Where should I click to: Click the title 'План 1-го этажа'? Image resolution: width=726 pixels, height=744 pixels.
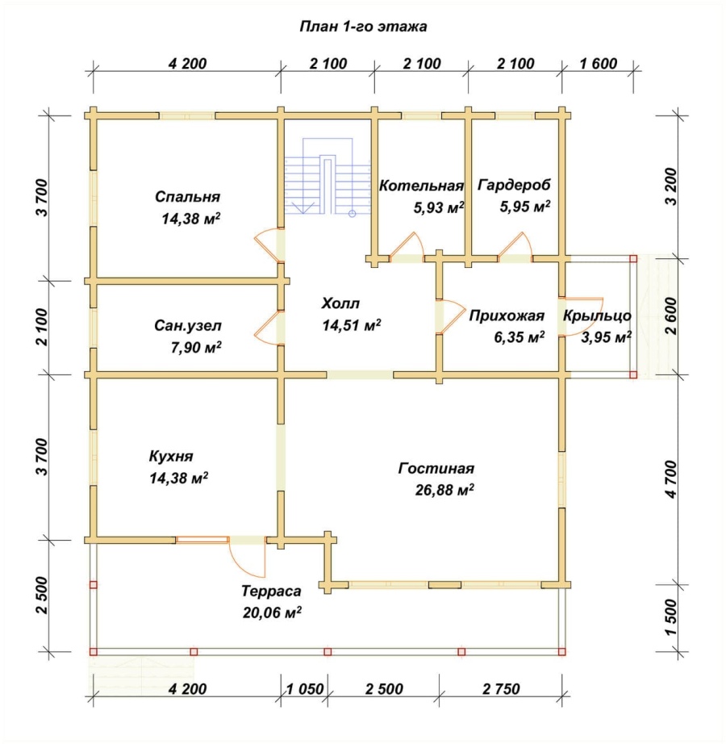coord(363,27)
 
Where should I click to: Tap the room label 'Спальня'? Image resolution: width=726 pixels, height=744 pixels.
coord(187,197)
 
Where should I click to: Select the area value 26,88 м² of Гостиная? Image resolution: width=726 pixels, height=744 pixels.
coord(444,490)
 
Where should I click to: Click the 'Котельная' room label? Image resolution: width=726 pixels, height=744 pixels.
coord(421,186)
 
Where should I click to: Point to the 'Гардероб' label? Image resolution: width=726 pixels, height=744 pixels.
coord(514,185)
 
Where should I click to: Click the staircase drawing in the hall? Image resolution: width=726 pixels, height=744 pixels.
coord(328,176)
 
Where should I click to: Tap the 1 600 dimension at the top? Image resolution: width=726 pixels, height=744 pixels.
coord(599,64)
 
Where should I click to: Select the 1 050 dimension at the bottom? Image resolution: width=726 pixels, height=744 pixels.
coord(305,689)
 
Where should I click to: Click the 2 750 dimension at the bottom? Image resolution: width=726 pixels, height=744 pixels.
coord(501,689)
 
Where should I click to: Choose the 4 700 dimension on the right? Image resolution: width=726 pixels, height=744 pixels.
coord(670,479)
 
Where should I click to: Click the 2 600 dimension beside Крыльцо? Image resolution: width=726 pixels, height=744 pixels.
coord(670,316)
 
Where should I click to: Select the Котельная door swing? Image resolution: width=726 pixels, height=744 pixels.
coord(407,245)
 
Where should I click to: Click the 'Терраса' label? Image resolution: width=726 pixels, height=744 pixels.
coord(271,591)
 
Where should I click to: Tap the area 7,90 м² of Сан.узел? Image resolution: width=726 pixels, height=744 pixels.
coord(196,348)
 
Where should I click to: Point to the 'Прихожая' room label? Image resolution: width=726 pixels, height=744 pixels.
coord(507,316)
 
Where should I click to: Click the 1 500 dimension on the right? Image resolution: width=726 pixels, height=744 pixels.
coord(670,618)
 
